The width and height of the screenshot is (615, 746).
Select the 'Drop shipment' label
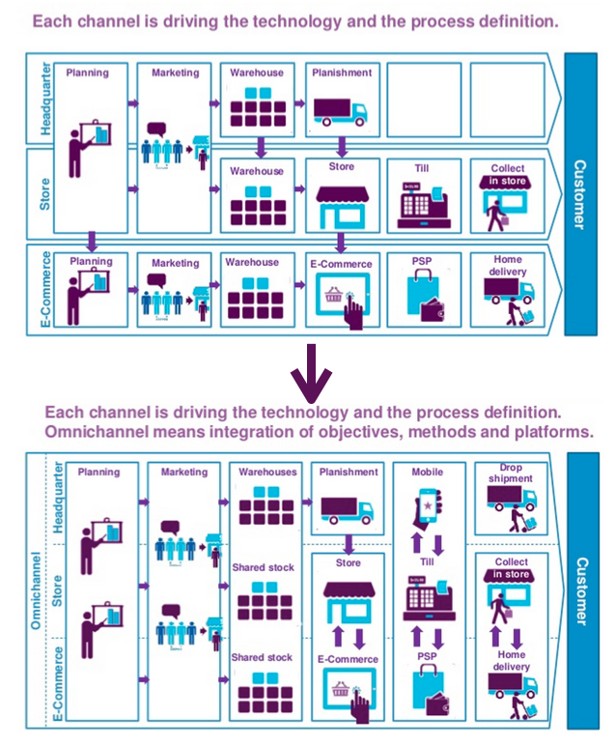click(x=510, y=473)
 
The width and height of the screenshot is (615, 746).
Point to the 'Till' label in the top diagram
click(x=422, y=168)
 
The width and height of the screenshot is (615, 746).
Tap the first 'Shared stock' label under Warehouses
click(x=263, y=568)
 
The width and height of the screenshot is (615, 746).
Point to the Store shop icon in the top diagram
click(x=341, y=204)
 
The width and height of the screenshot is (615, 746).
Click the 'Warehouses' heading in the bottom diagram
click(x=263, y=473)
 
